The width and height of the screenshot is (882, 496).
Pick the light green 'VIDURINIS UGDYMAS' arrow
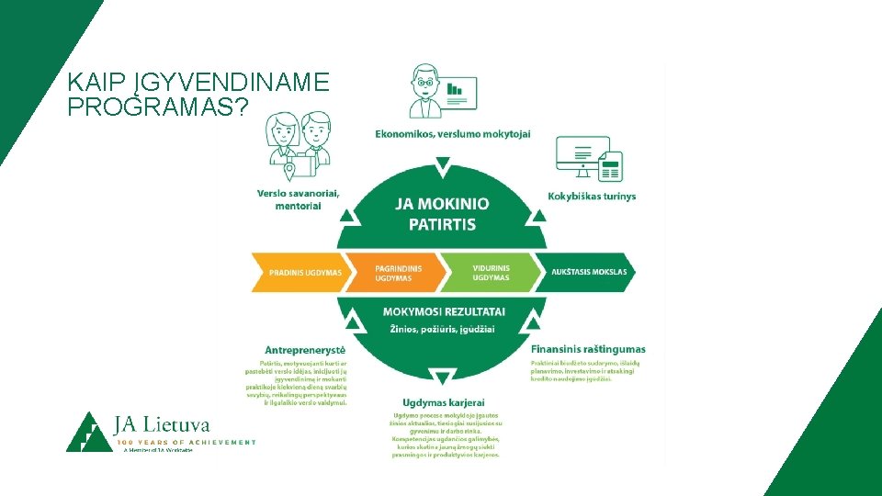click(x=491, y=273)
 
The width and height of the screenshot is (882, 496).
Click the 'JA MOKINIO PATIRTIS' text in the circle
click(x=442, y=214)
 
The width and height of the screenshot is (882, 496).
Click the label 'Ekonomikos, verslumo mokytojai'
click(x=452, y=135)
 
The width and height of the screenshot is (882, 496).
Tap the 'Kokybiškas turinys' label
click(x=592, y=196)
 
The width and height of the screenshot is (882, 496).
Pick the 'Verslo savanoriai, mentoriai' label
click(x=299, y=199)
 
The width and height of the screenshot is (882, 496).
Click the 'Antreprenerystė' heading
click(x=305, y=350)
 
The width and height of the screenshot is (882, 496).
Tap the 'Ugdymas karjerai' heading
click(x=444, y=402)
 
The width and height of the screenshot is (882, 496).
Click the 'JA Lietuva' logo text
click(x=162, y=424)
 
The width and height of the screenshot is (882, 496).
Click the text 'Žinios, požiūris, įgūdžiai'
click(x=442, y=329)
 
